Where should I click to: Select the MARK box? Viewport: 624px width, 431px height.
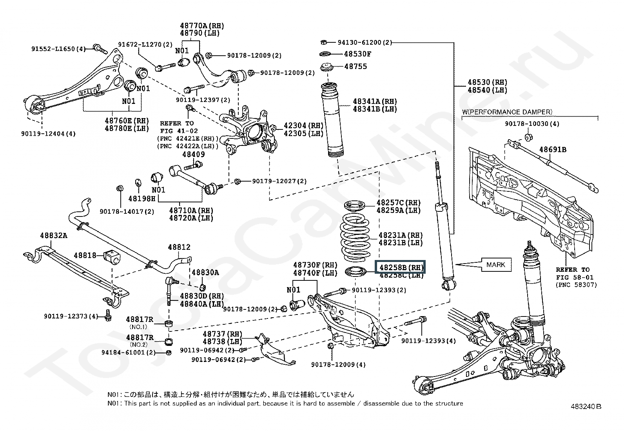point(495,265)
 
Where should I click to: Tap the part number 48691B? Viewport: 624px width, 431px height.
point(553,150)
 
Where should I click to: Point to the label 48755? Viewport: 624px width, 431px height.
point(356,67)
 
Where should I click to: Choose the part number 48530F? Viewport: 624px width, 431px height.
point(357,54)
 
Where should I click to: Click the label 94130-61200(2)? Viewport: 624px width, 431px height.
point(360,42)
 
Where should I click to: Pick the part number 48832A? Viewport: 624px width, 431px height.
point(53,236)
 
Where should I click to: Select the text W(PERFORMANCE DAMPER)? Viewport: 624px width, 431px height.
point(507,112)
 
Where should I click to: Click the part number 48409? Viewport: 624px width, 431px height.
point(193,155)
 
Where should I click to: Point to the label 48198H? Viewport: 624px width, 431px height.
point(142,199)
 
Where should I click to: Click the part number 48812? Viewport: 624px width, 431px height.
point(179,247)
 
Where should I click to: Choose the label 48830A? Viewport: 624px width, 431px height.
point(205,273)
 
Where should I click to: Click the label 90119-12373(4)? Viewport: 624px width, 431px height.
point(71,316)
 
